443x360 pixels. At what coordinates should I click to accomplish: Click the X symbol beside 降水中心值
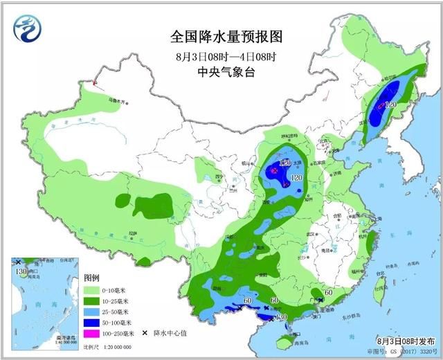(x=145, y=334)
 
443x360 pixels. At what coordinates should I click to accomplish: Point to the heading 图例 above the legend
(x=92, y=276)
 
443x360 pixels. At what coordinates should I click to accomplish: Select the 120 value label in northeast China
(x=390, y=105)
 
